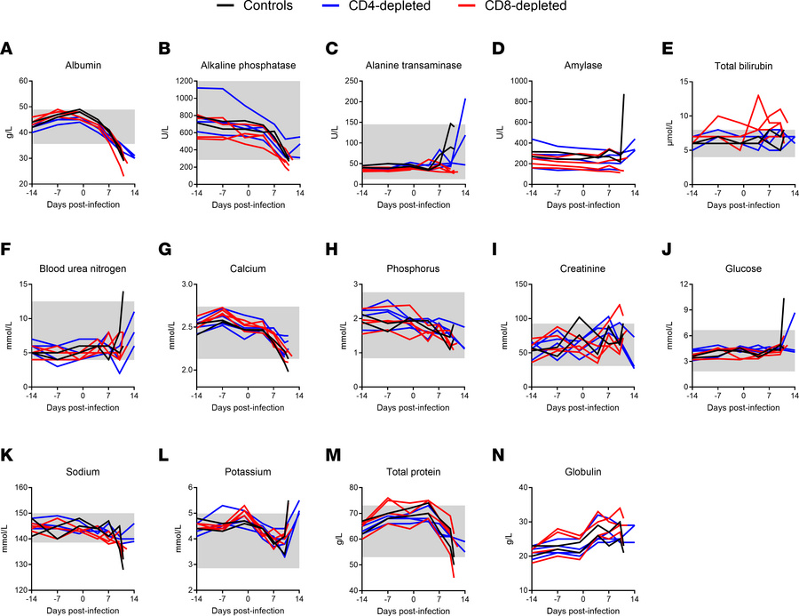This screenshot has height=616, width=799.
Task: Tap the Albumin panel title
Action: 83,65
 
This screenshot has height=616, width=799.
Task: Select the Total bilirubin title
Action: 740,65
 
